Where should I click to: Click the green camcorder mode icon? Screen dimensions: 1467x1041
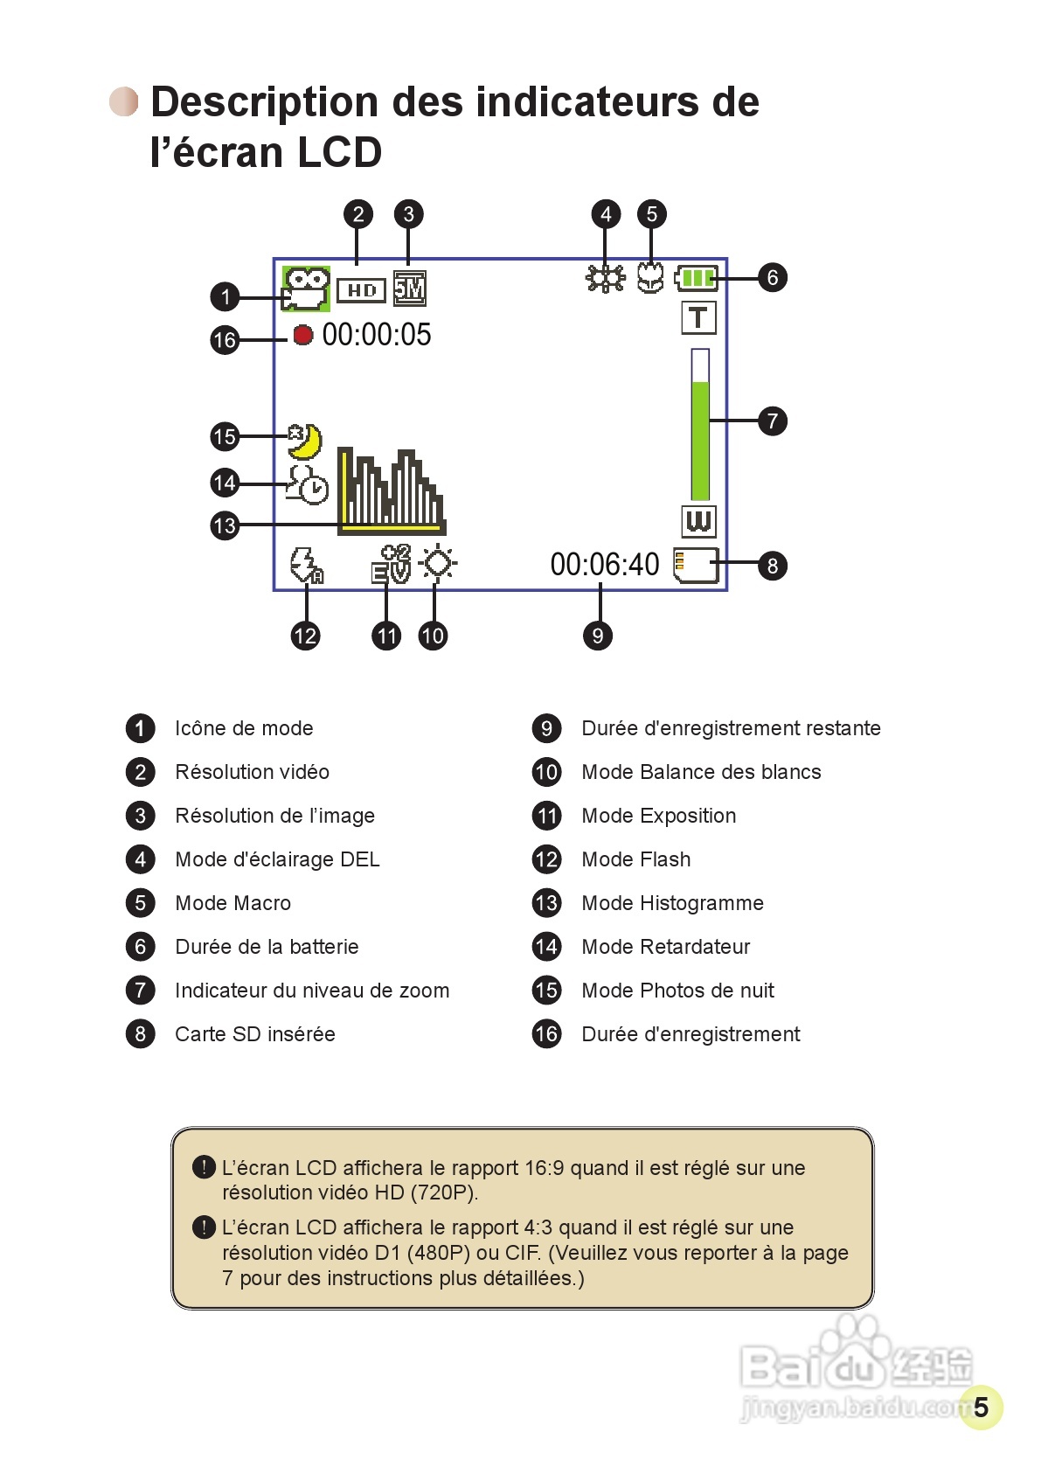305,289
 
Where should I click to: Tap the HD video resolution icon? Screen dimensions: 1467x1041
361,290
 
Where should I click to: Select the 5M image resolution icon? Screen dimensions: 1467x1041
409,289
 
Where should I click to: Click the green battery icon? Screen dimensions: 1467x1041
696,278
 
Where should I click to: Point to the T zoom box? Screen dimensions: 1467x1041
698,317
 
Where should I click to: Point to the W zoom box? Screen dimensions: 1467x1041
698,521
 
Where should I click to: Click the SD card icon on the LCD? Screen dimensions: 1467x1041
696,565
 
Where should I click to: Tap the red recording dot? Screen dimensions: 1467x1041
303,335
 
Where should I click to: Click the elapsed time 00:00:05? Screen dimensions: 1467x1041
377,335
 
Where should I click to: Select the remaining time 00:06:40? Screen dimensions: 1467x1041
604,565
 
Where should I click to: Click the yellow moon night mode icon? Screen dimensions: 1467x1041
305,441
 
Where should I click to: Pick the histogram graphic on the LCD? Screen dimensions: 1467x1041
391,490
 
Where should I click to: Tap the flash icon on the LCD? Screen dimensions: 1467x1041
306,566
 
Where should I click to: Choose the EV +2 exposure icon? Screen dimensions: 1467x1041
391,564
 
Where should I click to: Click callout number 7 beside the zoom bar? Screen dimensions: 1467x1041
772,421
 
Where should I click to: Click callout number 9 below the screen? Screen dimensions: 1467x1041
598,636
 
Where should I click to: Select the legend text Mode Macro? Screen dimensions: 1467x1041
232,903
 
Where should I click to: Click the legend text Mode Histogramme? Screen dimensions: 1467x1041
672,903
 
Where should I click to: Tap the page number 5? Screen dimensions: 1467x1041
981,1407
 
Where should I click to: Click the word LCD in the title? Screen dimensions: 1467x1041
338,152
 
